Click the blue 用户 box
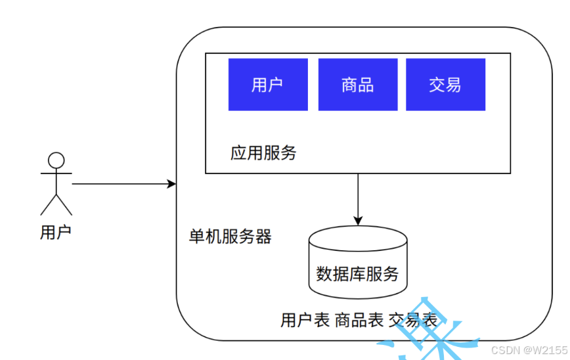pos(268,85)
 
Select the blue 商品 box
pos(358,85)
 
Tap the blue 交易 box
pos(445,85)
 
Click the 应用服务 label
pos(263,153)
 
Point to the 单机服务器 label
pos(230,236)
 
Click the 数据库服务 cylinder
pos(358,273)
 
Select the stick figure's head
pos(56,160)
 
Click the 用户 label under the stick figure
pos(55,232)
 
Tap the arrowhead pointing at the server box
pos(173,184)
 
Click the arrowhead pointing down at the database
pos(358,220)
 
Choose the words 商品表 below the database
pos(359,321)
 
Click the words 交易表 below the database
pos(412,321)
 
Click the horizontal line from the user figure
pos(121,184)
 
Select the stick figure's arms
pos(56,174)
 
